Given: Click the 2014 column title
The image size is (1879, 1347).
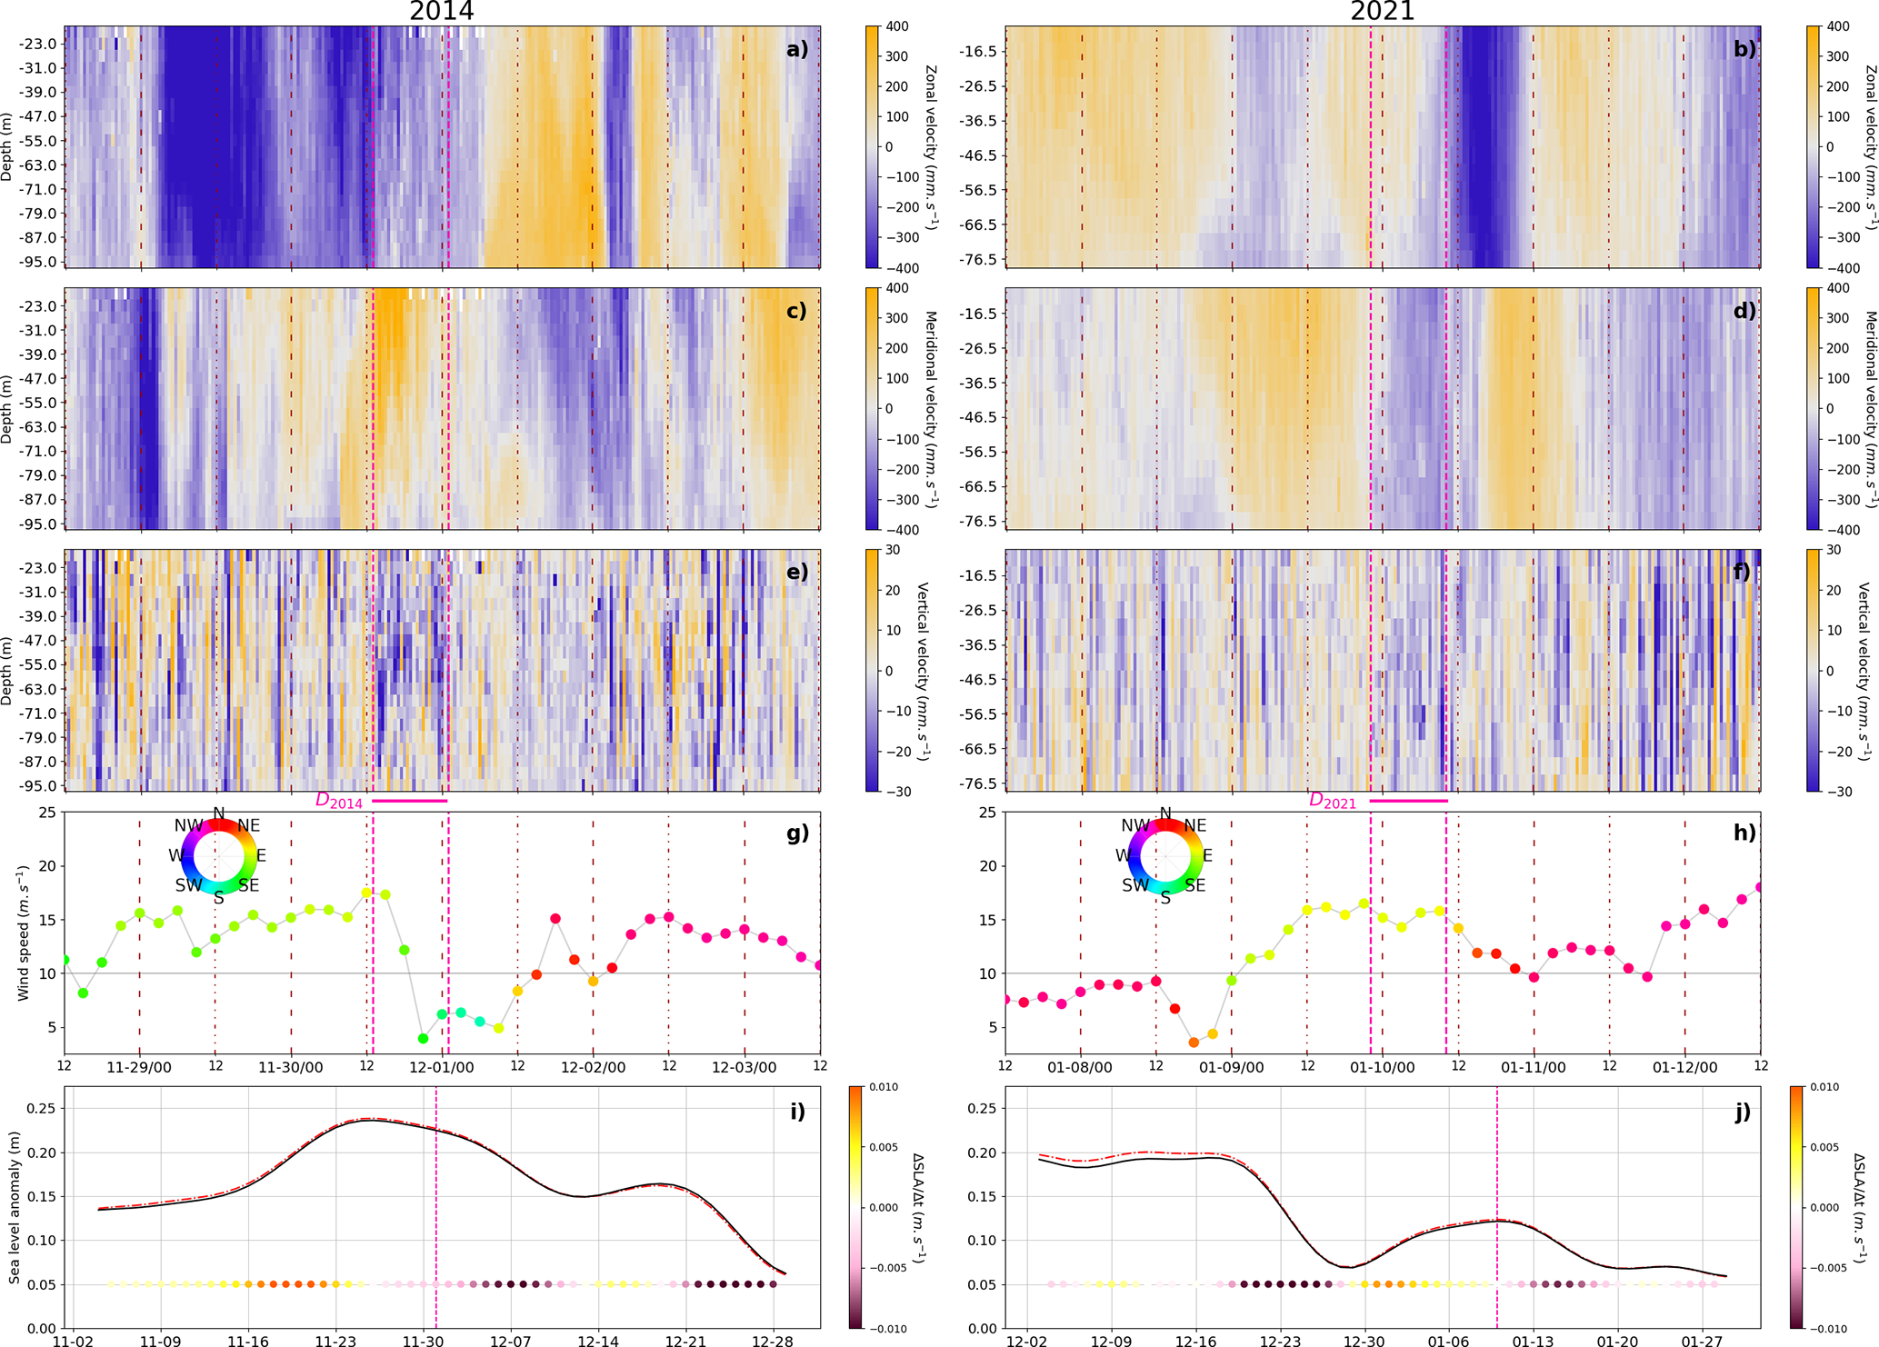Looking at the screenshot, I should [x=441, y=11].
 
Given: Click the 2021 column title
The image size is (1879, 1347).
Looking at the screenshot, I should [x=1382, y=11].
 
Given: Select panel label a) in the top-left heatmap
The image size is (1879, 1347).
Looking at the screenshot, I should [x=796, y=49].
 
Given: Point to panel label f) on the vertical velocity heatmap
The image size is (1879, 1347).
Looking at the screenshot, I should [x=1743, y=573].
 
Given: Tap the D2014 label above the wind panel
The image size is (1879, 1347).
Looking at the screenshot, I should [x=339, y=801].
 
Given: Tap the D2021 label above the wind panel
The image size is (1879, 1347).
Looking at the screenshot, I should [x=1332, y=801].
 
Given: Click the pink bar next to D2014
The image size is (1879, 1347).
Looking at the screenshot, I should [x=410, y=801].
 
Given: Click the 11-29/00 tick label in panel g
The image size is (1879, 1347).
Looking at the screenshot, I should [x=139, y=1067].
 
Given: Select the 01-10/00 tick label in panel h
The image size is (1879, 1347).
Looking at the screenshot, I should [x=1382, y=1067].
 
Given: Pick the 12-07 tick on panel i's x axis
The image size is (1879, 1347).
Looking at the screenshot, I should [x=511, y=1341].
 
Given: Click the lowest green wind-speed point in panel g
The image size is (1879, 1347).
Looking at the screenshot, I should [x=423, y=1038].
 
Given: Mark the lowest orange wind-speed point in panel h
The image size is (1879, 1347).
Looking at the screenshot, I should [x=1194, y=1043].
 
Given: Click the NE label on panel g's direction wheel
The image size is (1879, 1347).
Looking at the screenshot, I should [x=248, y=825].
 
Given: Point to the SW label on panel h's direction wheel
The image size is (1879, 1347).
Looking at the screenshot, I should [x=1135, y=885].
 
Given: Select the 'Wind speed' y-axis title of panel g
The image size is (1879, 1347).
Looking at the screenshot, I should [x=23, y=933].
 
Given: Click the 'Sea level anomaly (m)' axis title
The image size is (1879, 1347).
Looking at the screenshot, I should [x=15, y=1207].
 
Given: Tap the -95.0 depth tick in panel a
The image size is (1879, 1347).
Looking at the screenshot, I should [x=43, y=262].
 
